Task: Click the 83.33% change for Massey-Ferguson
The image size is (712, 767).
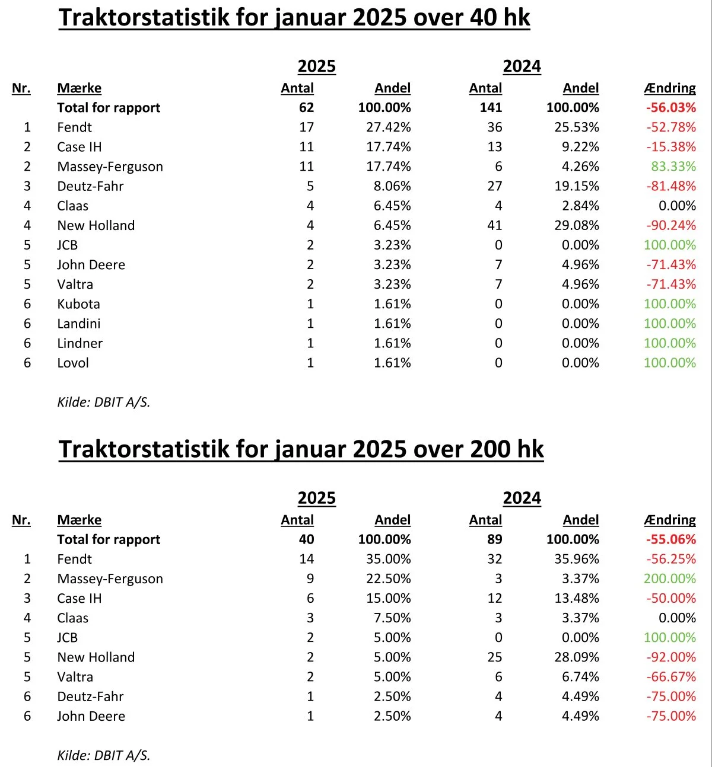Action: [673, 167]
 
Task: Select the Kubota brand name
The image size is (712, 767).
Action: [78, 304]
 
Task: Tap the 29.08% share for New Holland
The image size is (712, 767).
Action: [577, 225]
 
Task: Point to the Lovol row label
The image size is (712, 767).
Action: [73, 363]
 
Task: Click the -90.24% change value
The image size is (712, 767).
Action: [671, 225]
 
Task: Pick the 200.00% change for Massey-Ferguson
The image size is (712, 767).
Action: [670, 579]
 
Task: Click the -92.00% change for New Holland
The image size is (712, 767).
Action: [671, 657]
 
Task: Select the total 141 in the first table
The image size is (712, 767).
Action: [491, 107]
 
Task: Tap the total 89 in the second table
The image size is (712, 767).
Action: [495, 539]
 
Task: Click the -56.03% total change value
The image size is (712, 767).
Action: [671, 107]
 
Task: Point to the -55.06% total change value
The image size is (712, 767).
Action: [671, 539]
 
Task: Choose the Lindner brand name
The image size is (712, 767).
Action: [80, 343]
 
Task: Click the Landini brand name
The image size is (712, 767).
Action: [78, 323]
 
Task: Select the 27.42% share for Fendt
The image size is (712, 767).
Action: [388, 127]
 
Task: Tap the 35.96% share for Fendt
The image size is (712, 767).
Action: [577, 559]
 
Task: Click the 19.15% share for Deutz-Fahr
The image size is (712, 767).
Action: [577, 186]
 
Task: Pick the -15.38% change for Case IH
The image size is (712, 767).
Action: [671, 147]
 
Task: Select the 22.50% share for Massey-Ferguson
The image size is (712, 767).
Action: [388, 579]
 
